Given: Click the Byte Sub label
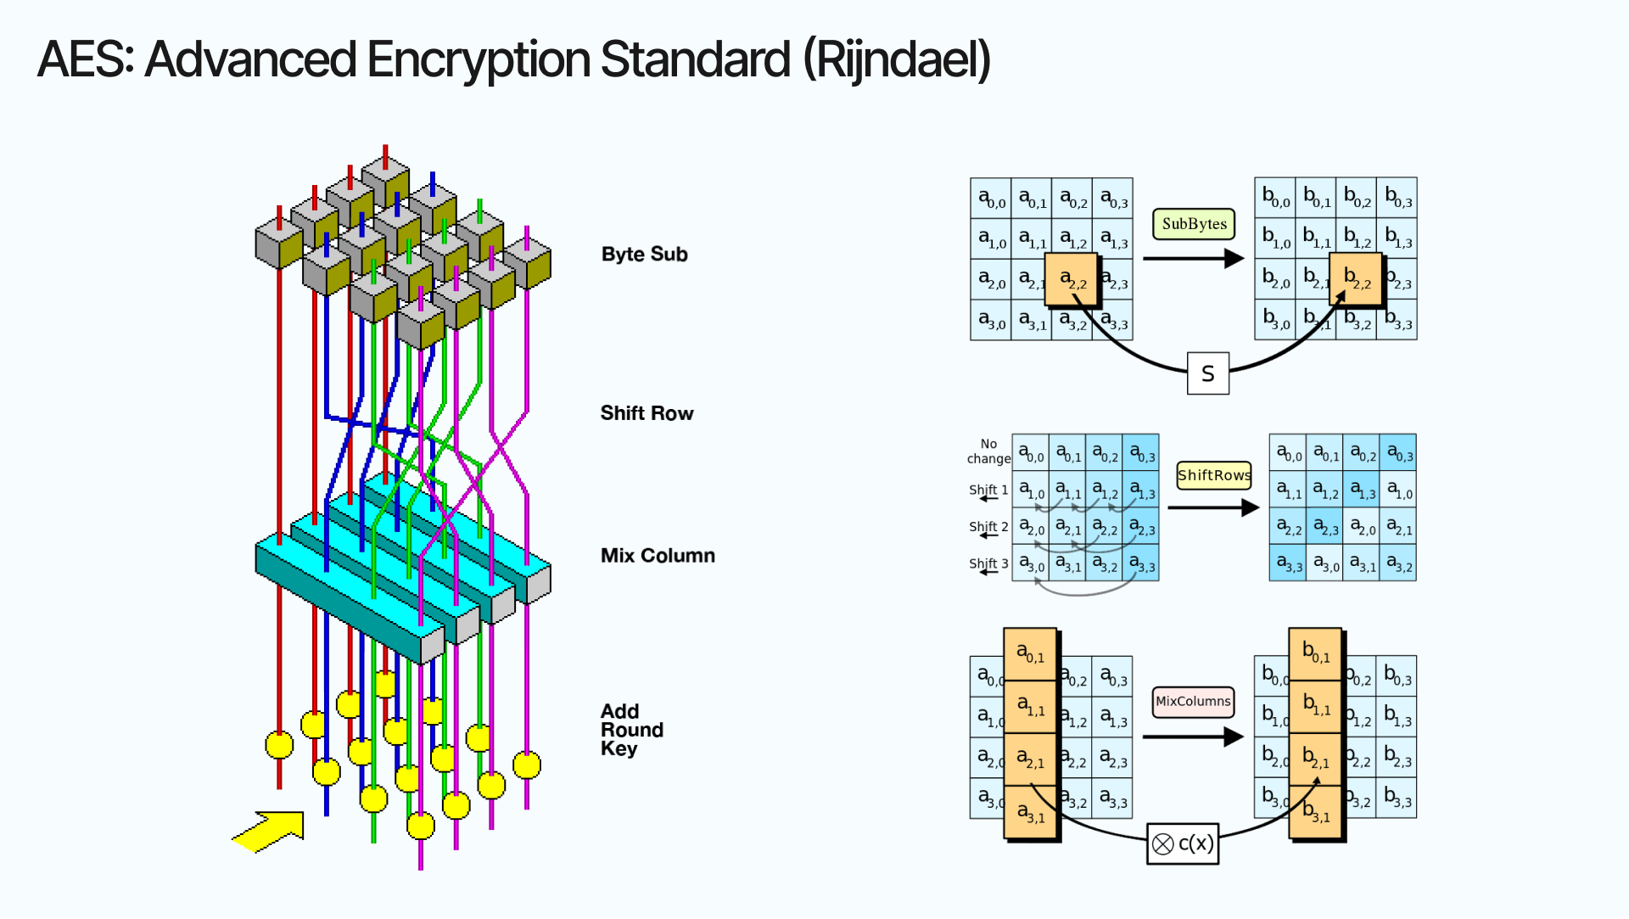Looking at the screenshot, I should pyautogui.click(x=644, y=254).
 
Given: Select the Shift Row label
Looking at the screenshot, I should pyautogui.click(x=647, y=413).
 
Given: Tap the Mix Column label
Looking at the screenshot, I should pyautogui.click(x=658, y=556).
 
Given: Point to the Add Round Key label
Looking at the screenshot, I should pyautogui.click(x=631, y=730).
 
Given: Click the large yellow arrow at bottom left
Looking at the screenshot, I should pyautogui.click(x=270, y=831).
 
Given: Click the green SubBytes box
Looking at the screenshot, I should pyautogui.click(x=1194, y=224).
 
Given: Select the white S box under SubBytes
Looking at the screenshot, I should pyautogui.click(x=1207, y=373).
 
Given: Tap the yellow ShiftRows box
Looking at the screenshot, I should pyautogui.click(x=1213, y=475).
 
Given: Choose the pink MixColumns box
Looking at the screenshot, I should pyautogui.click(x=1192, y=701).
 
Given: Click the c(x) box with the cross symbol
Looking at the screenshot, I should pyautogui.click(x=1183, y=843).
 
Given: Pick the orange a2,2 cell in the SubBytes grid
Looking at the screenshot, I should pyautogui.click(x=1072, y=279).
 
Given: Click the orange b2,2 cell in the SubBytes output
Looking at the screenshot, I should pyautogui.click(x=1356, y=278).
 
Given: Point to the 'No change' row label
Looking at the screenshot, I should pyautogui.click(x=988, y=451).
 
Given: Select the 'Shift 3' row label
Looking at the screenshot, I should pyautogui.click(x=988, y=564).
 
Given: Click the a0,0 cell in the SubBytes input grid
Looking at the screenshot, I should pyautogui.click(x=990, y=199).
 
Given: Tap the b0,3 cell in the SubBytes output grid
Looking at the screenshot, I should pyautogui.click(x=1397, y=198).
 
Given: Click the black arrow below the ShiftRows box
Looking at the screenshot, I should pyautogui.click(x=1213, y=507).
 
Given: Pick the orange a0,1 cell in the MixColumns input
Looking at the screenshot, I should pyautogui.click(x=1030, y=653).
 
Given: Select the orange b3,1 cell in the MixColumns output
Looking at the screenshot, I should pyautogui.click(x=1315, y=813).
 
